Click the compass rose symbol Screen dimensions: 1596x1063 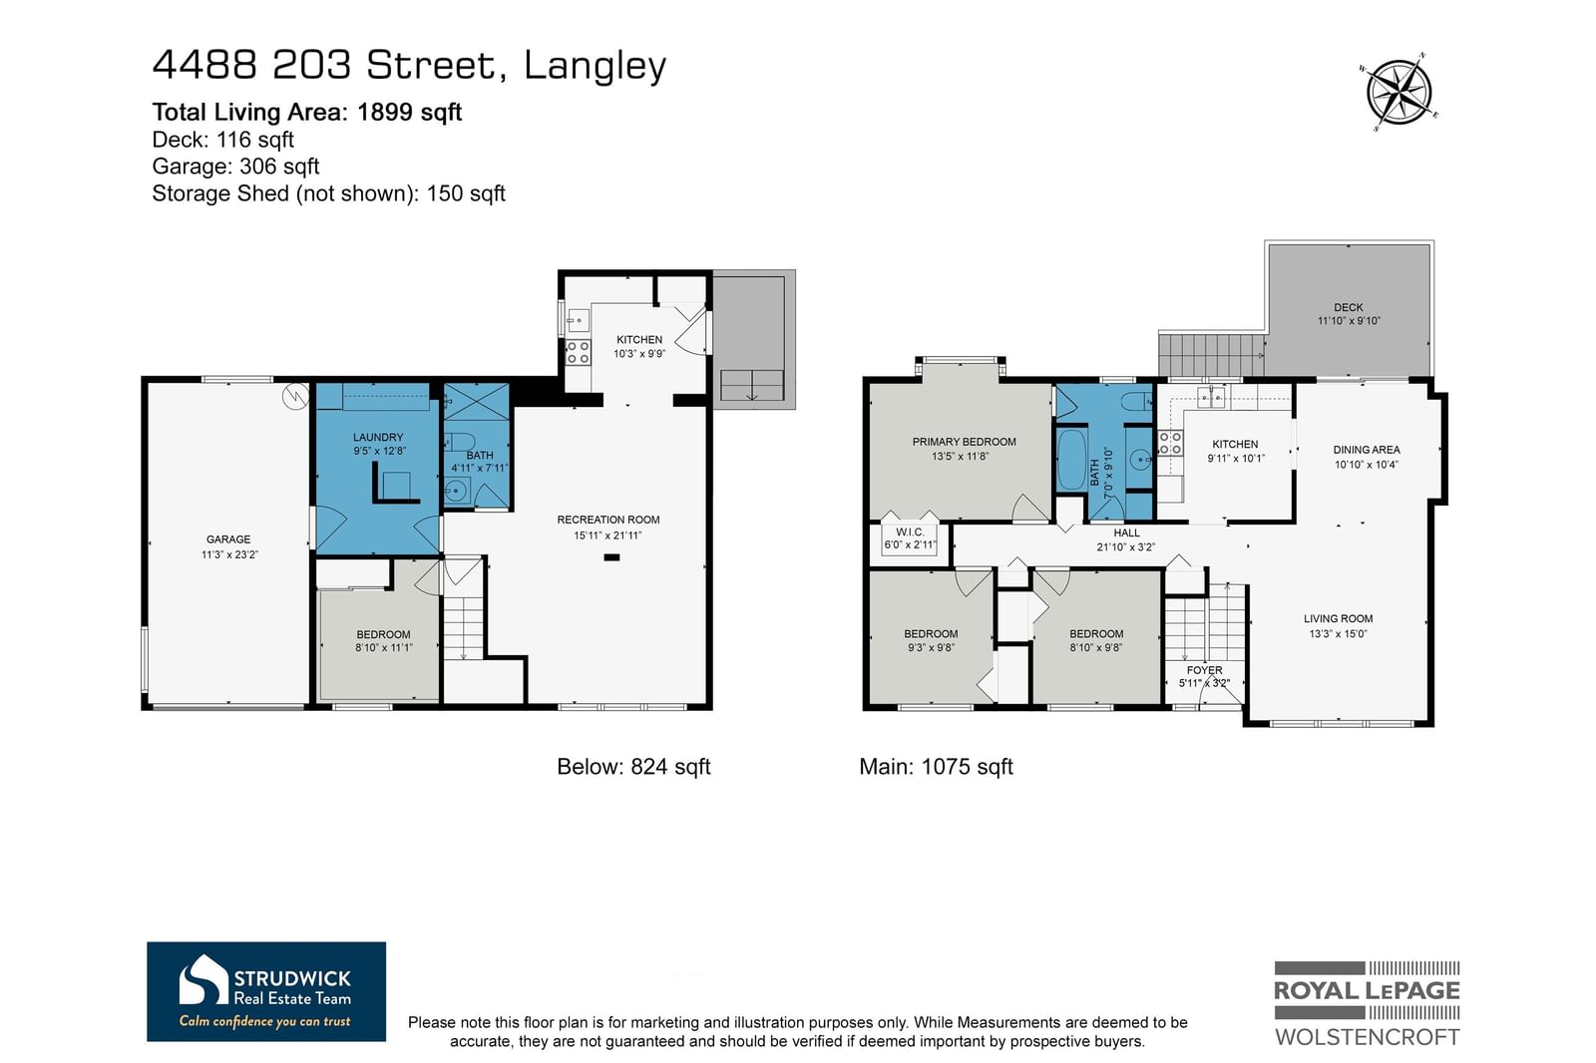pos(1398,93)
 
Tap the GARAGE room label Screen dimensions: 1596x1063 pos(228,539)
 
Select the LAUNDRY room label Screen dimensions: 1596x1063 pos(378,437)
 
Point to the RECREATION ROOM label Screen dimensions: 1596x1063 pos(607,520)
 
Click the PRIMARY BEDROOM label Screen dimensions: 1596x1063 pos(964,442)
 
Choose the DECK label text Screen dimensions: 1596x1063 pos(1348,307)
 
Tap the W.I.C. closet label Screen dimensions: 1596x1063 pos(910,532)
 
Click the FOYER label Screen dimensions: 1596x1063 pos(1204,670)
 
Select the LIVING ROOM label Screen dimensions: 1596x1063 pos(1338,618)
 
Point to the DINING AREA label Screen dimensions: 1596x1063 pos(1367,450)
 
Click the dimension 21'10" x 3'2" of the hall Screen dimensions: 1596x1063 pos(1126,547)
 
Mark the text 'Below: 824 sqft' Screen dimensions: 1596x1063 pos(633,767)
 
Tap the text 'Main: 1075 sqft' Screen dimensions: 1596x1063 pos(936,767)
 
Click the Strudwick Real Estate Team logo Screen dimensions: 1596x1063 pos(266,991)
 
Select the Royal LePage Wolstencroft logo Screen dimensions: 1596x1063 pos(1367,1003)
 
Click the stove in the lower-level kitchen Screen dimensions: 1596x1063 pos(578,352)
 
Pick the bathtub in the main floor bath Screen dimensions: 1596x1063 pos(1071,459)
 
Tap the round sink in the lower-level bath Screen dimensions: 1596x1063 pos(455,491)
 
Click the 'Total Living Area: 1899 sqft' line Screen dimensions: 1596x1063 pos(307,112)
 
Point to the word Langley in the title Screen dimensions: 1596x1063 pos(595,66)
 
